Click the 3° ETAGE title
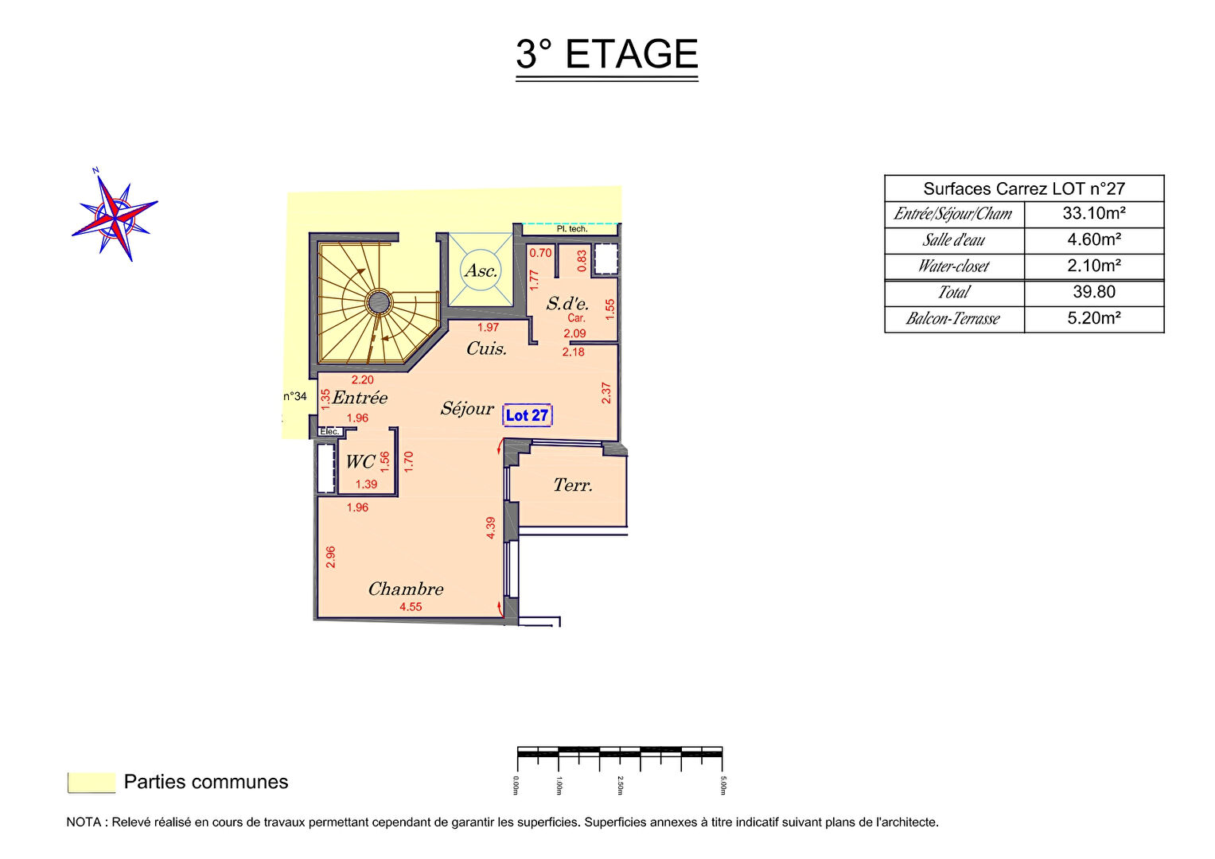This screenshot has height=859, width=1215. click(606, 54)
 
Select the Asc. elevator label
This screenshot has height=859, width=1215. click(481, 270)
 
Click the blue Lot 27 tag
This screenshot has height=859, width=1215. click(528, 415)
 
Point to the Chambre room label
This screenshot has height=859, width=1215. click(406, 589)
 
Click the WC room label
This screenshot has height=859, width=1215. click(360, 461)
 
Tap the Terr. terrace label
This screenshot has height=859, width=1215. click(573, 485)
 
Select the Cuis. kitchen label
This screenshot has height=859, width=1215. click(486, 348)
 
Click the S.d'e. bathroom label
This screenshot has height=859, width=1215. click(567, 303)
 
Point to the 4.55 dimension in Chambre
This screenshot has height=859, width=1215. click(411, 607)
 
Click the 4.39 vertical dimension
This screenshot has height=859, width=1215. click(491, 527)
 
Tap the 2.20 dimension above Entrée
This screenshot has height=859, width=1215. click(362, 380)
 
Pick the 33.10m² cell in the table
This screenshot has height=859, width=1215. click(1094, 214)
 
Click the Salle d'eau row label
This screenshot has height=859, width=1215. click(953, 239)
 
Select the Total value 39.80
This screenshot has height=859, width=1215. click(1094, 293)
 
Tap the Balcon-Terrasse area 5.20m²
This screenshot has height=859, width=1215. click(1094, 318)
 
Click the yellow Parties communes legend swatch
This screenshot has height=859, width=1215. click(92, 783)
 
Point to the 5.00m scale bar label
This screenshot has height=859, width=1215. click(723, 785)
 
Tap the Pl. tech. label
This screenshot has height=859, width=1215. click(572, 229)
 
